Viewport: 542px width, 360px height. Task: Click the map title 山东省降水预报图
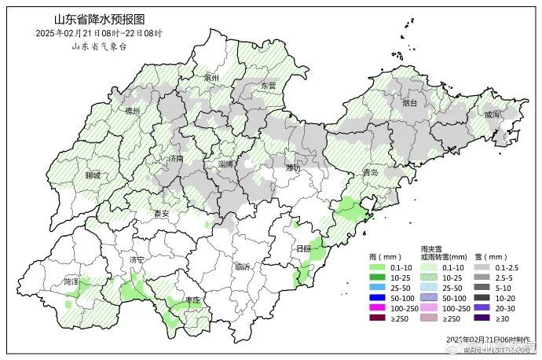pos(99,18)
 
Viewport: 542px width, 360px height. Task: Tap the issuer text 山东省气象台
pos(99,46)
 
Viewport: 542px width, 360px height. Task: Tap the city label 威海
pos(492,115)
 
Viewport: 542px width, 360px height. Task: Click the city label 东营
pos(269,86)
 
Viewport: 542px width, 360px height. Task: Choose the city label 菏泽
pos(72,281)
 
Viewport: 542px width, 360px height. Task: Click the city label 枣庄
pos(192,300)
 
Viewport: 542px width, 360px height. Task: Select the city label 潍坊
pos(293,168)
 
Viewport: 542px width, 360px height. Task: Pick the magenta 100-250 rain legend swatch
pos(379,309)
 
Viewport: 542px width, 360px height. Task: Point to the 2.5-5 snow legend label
pos(504,277)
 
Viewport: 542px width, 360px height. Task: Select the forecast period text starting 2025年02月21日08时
pos(99,33)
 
